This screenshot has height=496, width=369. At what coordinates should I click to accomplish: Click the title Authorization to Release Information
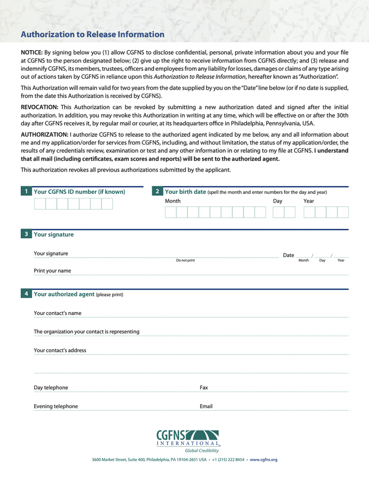click(x=93, y=35)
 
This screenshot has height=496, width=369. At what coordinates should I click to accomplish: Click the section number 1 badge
click(x=26, y=192)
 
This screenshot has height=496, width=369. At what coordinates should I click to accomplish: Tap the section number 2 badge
click(x=157, y=192)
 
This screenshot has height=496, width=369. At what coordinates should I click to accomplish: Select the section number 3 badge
click(x=26, y=234)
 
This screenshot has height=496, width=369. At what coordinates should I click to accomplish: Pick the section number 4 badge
click(x=26, y=294)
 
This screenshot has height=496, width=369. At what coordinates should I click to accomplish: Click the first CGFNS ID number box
click(x=40, y=204)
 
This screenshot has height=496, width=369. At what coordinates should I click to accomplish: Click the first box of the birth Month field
click(x=170, y=212)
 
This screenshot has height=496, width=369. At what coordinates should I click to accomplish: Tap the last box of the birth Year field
click(x=343, y=212)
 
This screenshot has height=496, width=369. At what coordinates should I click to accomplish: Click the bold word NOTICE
click(x=31, y=52)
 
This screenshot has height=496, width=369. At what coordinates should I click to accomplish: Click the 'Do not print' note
click(x=185, y=260)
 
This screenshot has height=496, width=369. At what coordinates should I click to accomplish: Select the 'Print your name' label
click(x=53, y=271)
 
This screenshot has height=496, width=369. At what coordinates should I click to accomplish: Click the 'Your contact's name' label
click(x=58, y=313)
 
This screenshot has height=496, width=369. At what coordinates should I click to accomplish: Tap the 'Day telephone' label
click(x=51, y=388)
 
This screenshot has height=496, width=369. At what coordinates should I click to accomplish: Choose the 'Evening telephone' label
click(x=56, y=406)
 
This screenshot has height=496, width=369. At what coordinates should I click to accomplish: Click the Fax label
click(x=204, y=388)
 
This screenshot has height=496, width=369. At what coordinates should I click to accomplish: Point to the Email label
click(x=206, y=406)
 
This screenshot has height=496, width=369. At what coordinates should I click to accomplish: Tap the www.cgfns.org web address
click(x=264, y=460)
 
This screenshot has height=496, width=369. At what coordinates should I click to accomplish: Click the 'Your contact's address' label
click(x=60, y=351)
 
